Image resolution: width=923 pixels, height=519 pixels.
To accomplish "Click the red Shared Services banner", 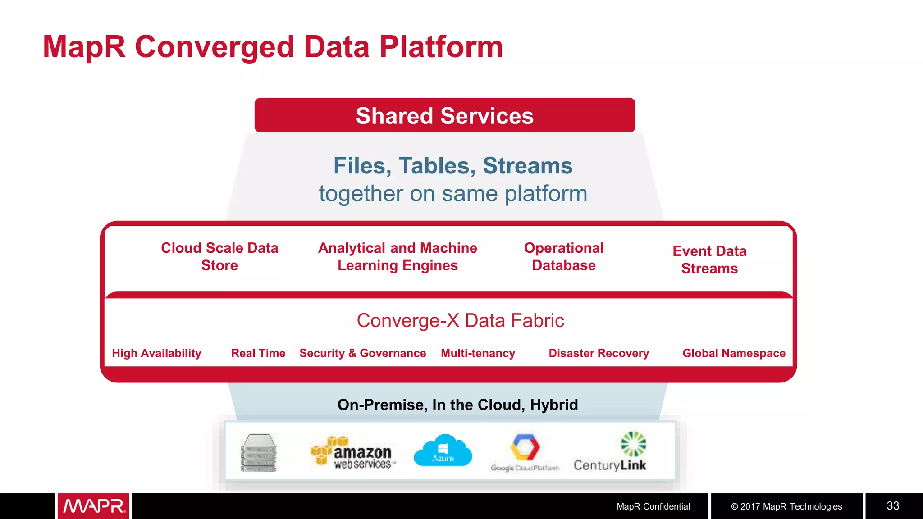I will click(444, 115).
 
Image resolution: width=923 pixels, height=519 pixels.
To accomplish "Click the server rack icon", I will click(259, 453).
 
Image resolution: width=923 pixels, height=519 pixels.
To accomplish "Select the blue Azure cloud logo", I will click(443, 451).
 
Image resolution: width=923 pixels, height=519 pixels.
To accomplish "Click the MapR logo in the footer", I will click(93, 506).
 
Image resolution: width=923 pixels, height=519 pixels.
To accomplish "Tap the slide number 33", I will click(893, 506).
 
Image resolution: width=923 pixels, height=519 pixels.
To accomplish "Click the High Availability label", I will click(156, 353).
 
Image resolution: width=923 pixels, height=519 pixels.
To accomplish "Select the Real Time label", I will click(258, 353).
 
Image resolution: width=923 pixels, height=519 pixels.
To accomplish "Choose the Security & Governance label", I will click(363, 353).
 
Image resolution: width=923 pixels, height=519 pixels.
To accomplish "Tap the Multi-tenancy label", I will click(478, 353).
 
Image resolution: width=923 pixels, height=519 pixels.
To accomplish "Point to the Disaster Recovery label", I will click(599, 353).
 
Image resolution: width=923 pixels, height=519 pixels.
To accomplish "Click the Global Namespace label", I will click(734, 353).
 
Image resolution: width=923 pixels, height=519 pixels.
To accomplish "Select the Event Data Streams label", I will click(709, 259).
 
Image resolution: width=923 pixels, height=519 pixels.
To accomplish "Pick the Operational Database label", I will click(564, 256).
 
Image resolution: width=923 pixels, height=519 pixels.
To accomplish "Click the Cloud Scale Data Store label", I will click(219, 256).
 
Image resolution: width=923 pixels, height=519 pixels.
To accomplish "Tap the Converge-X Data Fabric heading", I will click(460, 321).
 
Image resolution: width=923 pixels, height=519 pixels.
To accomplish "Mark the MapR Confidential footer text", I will click(653, 506).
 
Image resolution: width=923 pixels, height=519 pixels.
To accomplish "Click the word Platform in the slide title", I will click(441, 47).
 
